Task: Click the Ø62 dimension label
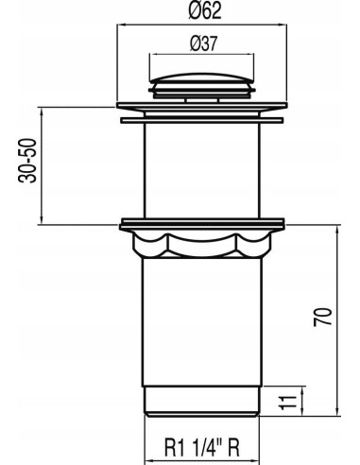205,11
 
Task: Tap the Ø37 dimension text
204,43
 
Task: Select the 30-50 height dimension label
27,161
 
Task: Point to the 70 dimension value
323,317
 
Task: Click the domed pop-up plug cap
202,78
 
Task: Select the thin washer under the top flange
202,120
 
